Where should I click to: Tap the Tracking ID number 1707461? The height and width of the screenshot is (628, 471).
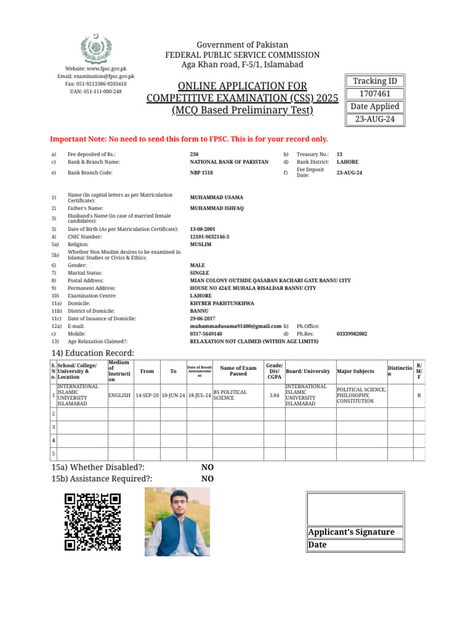(x=375, y=94)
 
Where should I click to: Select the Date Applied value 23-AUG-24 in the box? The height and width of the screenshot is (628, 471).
(x=375, y=120)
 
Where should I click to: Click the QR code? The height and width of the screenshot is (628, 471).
(x=93, y=521)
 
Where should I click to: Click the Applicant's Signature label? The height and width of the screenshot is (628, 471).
(x=351, y=532)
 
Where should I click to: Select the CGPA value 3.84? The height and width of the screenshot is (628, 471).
(x=274, y=396)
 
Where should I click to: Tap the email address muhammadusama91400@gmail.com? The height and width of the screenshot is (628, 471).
(x=235, y=326)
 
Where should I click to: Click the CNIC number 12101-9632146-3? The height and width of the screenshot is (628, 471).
(x=210, y=236)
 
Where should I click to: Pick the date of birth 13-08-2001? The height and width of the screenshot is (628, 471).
(x=203, y=229)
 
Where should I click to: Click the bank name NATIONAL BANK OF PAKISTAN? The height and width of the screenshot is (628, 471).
(x=229, y=162)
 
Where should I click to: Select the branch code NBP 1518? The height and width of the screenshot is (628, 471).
(x=202, y=173)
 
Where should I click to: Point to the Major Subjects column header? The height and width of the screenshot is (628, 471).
(x=356, y=371)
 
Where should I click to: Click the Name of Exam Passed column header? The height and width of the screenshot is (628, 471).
(x=238, y=371)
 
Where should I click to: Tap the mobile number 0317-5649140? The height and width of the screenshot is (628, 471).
(x=206, y=334)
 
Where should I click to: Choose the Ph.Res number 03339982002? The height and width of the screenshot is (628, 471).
(x=352, y=334)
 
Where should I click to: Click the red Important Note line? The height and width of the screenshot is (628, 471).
(x=189, y=139)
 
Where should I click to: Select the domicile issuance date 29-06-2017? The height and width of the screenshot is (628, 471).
(x=203, y=318)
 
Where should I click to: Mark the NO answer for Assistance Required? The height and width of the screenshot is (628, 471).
(x=208, y=479)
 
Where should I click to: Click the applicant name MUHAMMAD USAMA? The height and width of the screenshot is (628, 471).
(x=216, y=197)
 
